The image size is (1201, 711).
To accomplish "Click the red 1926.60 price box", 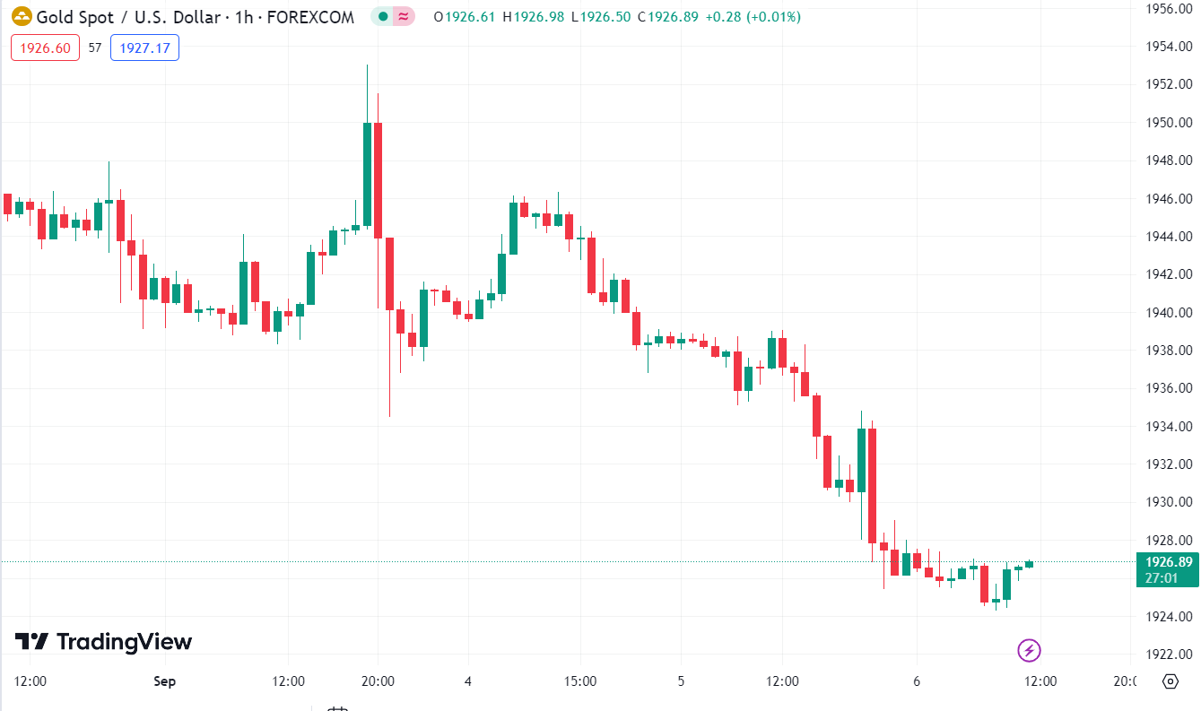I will (x=45, y=48).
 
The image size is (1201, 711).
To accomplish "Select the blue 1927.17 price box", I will (x=144, y=48).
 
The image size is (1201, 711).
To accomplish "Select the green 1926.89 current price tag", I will (x=1168, y=569).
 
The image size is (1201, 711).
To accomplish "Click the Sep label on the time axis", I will (x=164, y=681).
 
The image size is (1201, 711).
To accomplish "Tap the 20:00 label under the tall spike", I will (x=378, y=681).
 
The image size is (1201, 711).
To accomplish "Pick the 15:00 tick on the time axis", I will (x=580, y=681).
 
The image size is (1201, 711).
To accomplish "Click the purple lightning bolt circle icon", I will (x=1029, y=650).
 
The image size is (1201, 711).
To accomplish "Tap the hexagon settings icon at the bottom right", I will (x=1170, y=681).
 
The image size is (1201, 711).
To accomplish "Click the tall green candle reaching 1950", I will (x=367, y=174).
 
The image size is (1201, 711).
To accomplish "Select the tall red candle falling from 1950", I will (x=379, y=179).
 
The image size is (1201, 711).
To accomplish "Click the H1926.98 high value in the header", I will (x=533, y=17).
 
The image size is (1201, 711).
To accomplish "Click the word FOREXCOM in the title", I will (x=317, y=17).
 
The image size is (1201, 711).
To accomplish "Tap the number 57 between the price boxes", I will (x=95, y=48).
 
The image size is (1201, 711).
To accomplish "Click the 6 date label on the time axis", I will (x=917, y=681).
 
